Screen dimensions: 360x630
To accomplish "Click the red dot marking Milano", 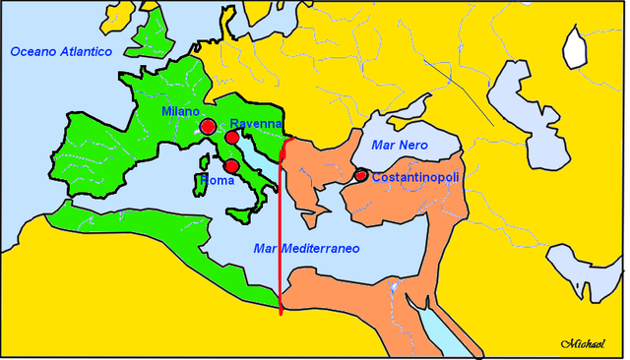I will click(x=208, y=127).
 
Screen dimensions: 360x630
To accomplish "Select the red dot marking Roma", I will click(x=231, y=166).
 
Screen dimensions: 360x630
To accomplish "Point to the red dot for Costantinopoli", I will click(x=360, y=175).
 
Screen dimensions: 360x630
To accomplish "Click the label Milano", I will click(x=180, y=112).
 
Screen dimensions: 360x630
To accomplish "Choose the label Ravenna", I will click(x=255, y=124).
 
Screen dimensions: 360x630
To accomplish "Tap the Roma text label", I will click(x=217, y=181).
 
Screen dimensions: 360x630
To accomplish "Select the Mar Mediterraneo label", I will click(x=305, y=249).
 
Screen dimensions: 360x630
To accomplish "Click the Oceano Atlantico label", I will click(x=61, y=50).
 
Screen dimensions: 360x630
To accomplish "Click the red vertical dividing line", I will click(x=283, y=236).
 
